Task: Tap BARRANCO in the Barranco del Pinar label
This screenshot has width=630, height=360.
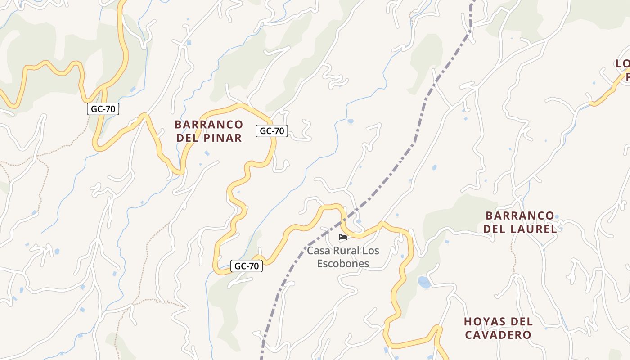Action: click(x=209, y=124)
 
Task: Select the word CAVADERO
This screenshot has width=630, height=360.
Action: click(x=498, y=335)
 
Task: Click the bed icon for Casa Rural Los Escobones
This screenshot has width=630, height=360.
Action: click(x=343, y=237)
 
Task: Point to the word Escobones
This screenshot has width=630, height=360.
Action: click(x=343, y=264)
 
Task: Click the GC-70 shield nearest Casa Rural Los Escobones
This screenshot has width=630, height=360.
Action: click(x=247, y=266)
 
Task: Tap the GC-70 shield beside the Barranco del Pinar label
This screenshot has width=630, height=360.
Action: click(x=272, y=131)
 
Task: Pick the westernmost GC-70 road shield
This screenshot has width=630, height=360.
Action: click(x=103, y=108)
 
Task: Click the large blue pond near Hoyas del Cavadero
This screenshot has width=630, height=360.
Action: click(x=424, y=283)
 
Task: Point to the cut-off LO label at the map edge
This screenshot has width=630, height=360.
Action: click(x=623, y=64)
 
